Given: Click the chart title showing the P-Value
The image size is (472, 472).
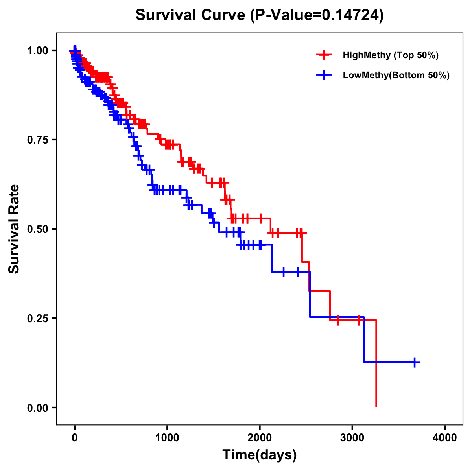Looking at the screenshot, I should [259, 15].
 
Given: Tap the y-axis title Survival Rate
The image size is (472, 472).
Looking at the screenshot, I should [14, 229].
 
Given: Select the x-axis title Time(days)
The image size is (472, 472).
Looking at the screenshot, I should [259, 455].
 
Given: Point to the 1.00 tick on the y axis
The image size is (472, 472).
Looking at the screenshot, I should [37, 51].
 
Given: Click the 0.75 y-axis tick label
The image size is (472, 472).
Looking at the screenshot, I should [37, 140].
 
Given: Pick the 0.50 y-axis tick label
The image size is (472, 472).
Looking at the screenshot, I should [37, 229].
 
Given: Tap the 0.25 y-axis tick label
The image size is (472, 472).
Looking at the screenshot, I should [37, 319].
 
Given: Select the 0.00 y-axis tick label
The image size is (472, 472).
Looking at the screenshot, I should [37, 408].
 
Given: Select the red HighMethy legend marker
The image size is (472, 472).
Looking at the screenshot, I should [324, 55].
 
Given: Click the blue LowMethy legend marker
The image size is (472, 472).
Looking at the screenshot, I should [324, 75].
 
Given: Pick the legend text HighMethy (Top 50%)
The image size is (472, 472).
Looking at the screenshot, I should [390, 55].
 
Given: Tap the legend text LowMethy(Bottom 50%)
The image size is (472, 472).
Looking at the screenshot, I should [396, 75].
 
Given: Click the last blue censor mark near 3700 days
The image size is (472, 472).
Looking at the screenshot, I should [415, 362].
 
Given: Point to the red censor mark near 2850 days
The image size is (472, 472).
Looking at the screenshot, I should [338, 320].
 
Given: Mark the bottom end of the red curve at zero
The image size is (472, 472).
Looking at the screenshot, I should [376, 407].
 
